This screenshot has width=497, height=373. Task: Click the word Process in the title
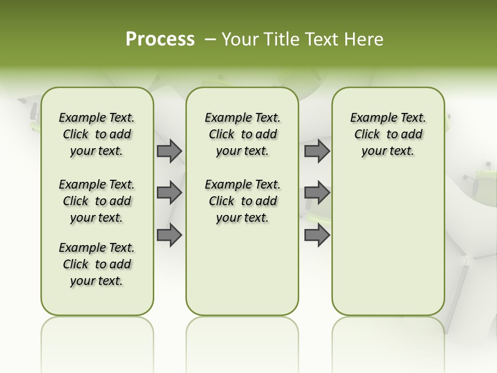160,39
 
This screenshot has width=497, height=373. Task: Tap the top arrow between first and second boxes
169,151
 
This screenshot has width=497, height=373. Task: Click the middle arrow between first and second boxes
169,193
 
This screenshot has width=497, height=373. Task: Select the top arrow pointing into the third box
317,151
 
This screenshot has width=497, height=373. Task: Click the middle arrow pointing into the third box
317,192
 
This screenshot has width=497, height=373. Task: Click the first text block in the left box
97,134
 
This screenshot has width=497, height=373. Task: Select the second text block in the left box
97,201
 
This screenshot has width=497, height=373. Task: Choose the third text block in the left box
97,264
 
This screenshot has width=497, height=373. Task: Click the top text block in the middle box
242,134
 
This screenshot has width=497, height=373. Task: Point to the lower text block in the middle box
242,201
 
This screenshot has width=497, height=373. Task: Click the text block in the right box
388,134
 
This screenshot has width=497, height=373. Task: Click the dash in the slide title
210,39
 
